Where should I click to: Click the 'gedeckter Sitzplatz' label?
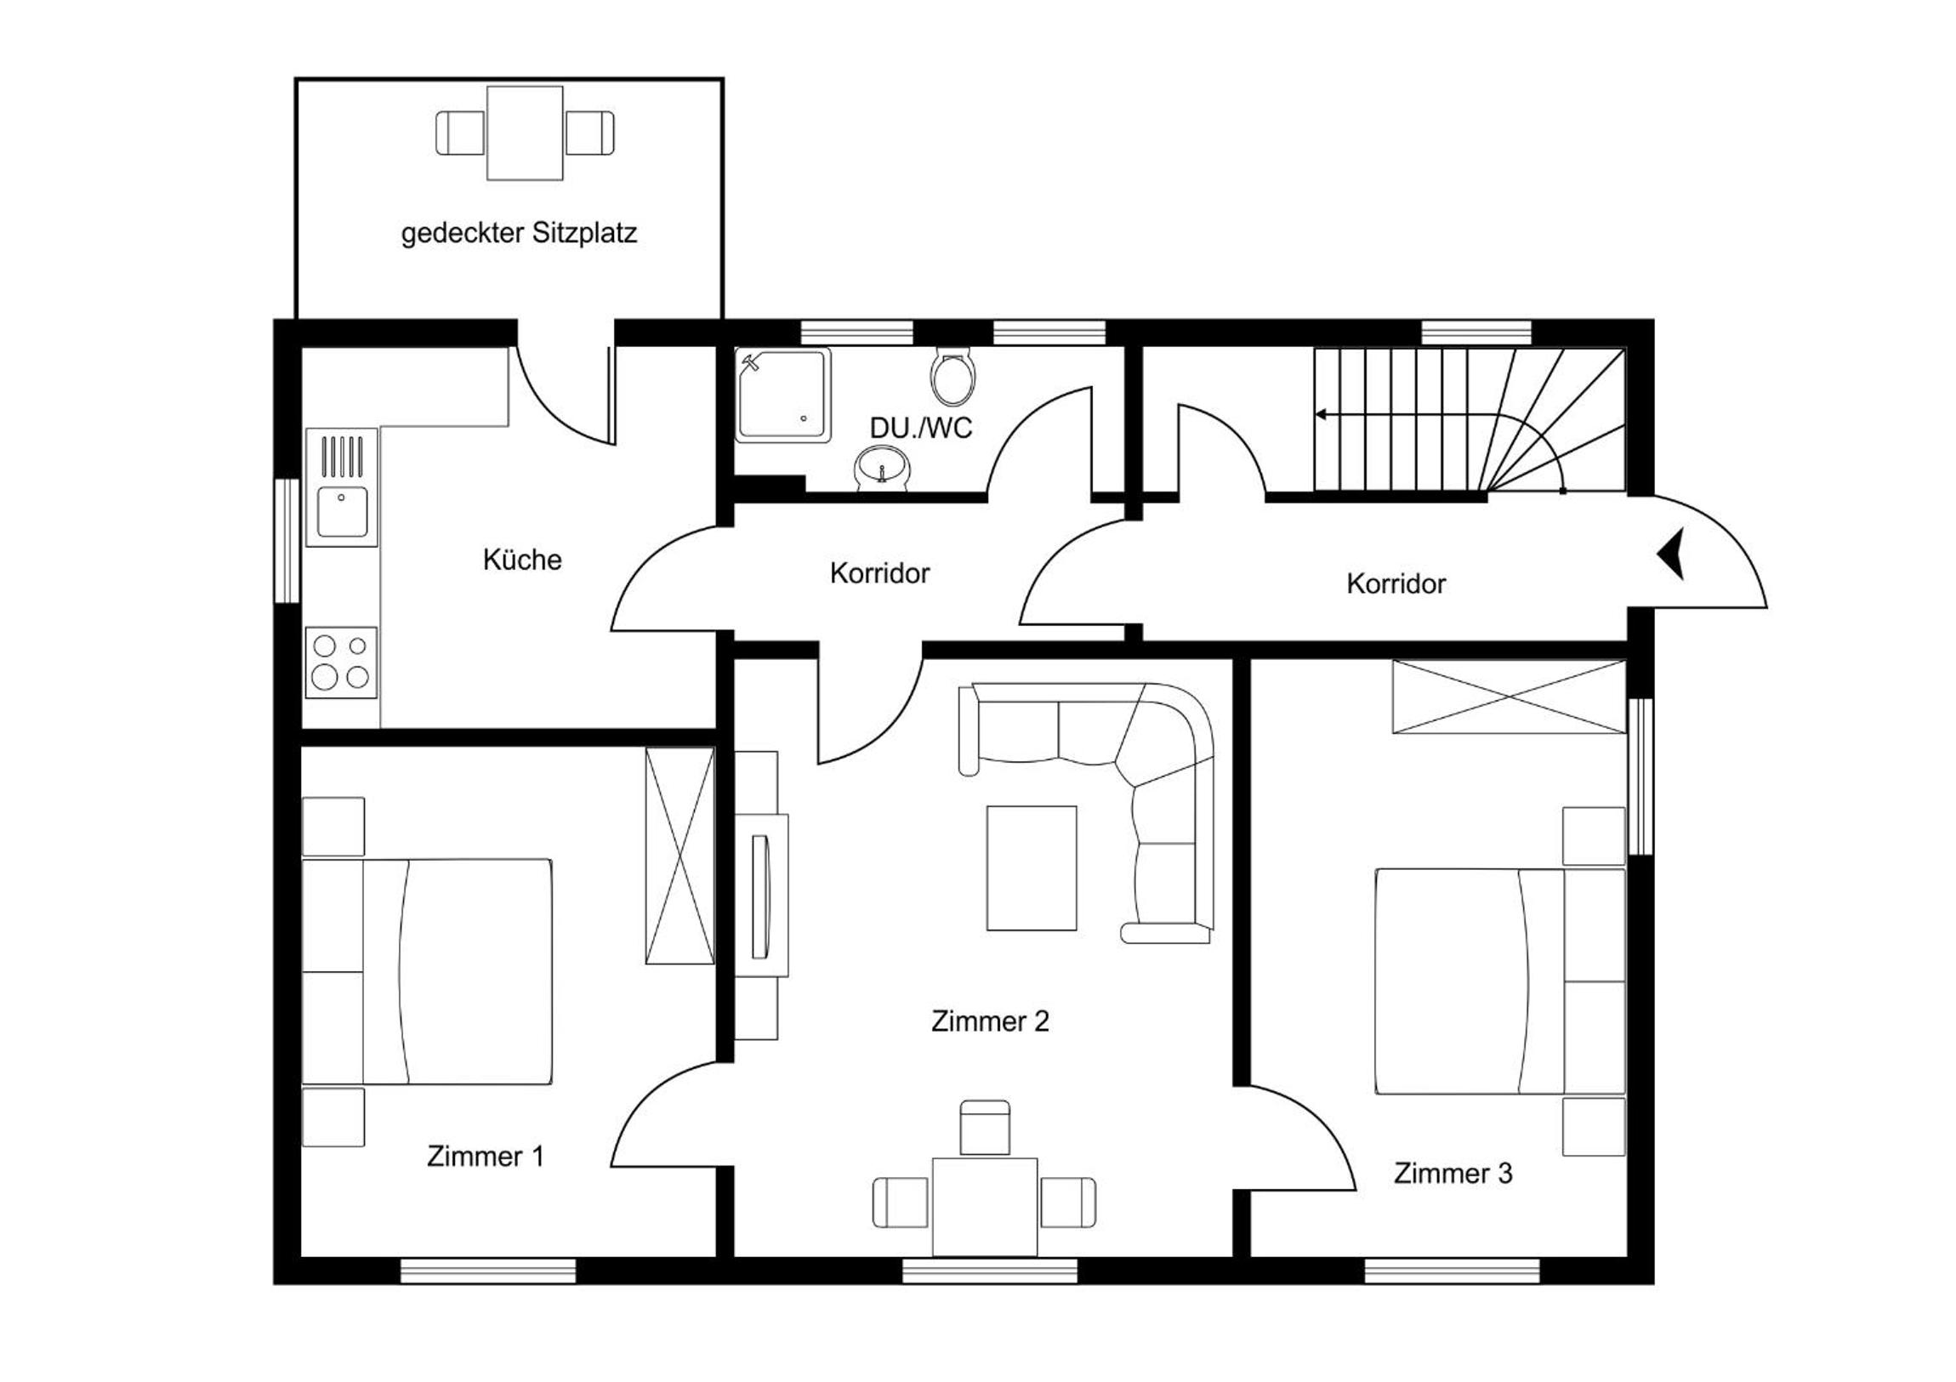pos(519,234)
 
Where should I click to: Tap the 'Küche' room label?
pos(522,560)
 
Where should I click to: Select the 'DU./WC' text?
pos(921,428)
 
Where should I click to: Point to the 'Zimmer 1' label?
pos(485,1157)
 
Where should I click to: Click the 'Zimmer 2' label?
pos(990,1021)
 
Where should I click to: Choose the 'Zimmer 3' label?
pos(1453,1174)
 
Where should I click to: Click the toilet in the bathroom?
pos(953,377)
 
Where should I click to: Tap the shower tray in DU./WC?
pos(783,395)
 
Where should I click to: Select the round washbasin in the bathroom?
pos(882,469)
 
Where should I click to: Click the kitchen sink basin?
pos(342,512)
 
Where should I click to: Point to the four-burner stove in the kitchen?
pos(341,663)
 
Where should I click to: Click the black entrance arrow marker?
pos(1671,554)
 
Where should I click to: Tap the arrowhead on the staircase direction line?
pos(1321,415)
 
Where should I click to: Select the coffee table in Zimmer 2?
pos(1032,868)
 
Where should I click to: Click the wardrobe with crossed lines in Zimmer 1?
pos(679,856)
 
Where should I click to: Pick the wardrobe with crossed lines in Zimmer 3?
pos(1509,697)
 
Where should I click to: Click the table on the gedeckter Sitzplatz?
pos(525,133)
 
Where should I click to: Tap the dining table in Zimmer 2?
pos(985,1207)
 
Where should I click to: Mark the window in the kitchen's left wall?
pos(287,541)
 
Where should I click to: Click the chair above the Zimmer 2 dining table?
pos(985,1128)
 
